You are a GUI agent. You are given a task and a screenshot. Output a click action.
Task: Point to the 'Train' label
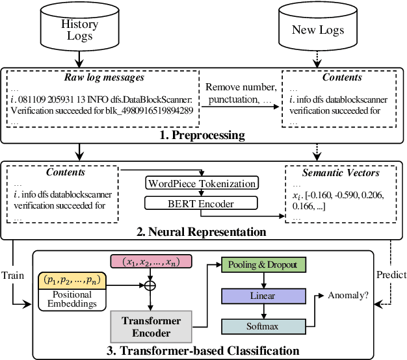pyautogui.click(x=13, y=275)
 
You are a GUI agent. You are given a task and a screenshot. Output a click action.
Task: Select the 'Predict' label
pyautogui.click(x=391, y=275)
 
